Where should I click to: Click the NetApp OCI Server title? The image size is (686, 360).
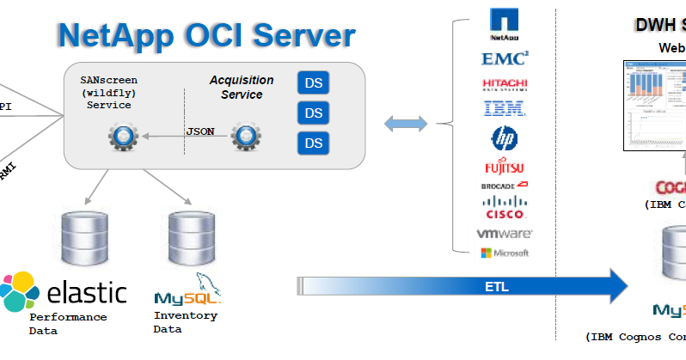(x=206, y=35)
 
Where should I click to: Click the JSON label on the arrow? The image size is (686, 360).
(x=200, y=131)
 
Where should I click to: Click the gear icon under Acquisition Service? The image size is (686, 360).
(x=247, y=135)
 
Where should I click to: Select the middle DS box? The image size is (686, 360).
(x=314, y=113)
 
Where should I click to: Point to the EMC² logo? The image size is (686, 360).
(x=505, y=58)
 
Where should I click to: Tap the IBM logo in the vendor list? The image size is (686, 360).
(x=505, y=108)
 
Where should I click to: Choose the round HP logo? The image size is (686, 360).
(x=504, y=137)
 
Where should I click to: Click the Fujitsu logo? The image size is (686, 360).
(x=505, y=167)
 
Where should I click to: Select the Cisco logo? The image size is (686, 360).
(x=505, y=206)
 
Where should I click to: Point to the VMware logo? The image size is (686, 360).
(x=505, y=233)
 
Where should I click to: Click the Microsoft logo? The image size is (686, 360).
(x=505, y=253)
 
